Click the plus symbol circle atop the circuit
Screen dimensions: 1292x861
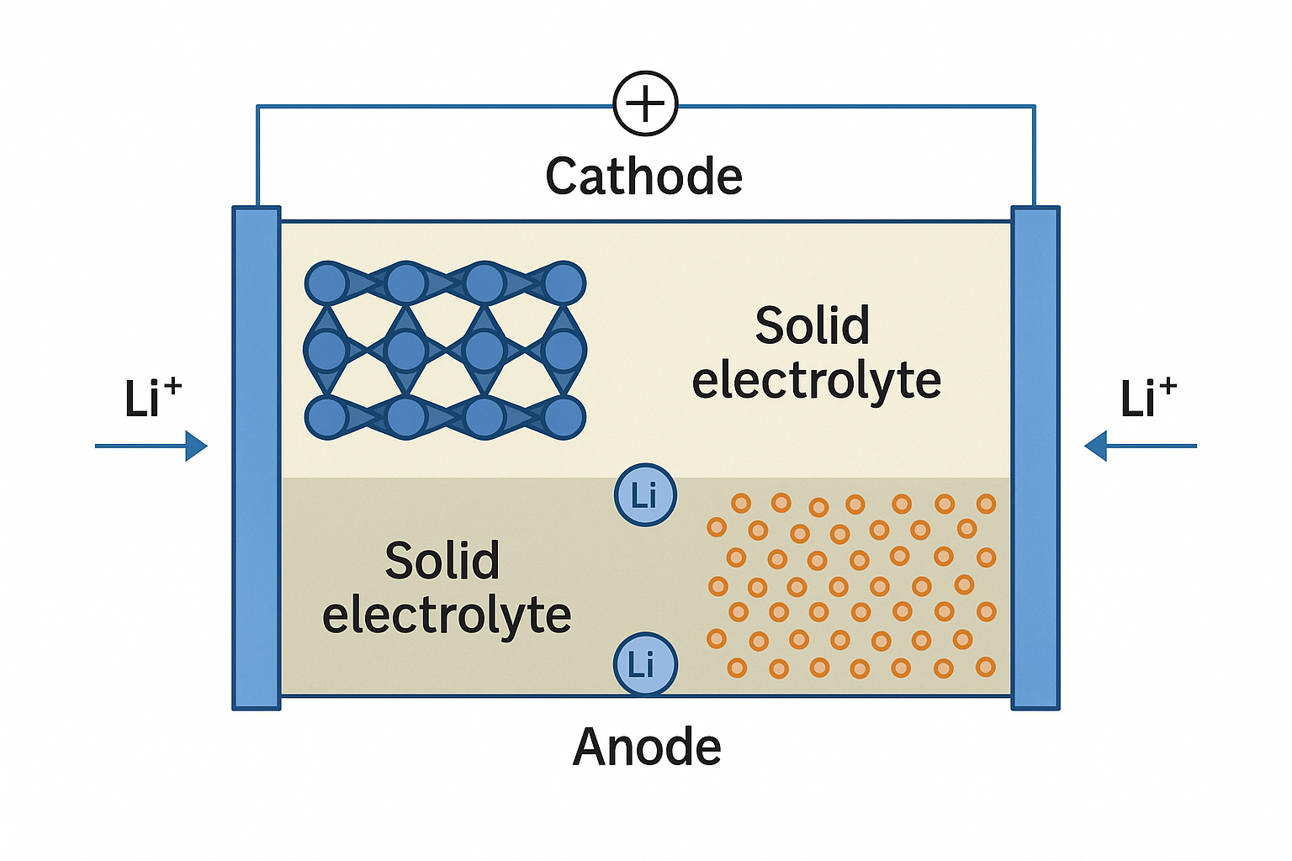pos(645,103)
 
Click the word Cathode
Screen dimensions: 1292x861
pos(643,177)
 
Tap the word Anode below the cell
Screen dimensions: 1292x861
pos(647,747)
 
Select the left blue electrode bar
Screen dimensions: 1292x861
pos(257,458)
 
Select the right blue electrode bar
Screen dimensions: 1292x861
pos(1035,458)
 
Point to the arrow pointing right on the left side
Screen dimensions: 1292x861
pos(151,446)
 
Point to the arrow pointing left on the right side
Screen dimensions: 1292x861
pos(1141,446)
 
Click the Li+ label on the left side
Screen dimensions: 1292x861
pos(153,397)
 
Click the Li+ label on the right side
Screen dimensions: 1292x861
pos(1148,397)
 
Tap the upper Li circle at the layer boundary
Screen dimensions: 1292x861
pos(645,494)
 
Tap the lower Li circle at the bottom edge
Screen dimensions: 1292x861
pos(644,664)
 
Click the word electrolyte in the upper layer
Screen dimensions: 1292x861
pos(816,380)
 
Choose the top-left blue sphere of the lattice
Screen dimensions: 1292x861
pos(327,283)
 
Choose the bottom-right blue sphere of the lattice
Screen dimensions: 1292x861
pos(564,418)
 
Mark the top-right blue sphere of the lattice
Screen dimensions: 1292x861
pos(564,283)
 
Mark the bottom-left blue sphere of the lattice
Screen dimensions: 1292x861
pos(327,418)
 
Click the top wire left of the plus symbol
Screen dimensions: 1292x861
pos(435,106)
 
